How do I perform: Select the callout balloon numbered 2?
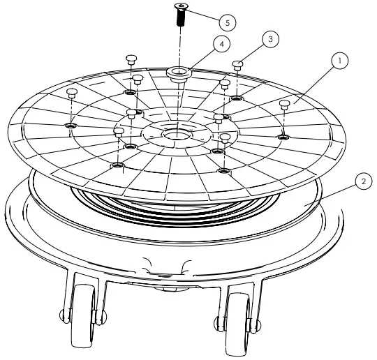pyautogui.click(x=362, y=181)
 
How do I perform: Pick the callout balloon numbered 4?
pyautogui.click(x=221, y=44)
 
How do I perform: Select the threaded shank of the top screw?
pyautogui.click(x=181, y=19)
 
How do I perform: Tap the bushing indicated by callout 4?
pyautogui.click(x=179, y=72)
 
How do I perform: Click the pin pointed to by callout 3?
pyautogui.click(x=238, y=65)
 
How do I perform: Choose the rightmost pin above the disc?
pyautogui.click(x=284, y=104)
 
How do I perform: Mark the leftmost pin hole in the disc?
pyautogui.click(x=70, y=126)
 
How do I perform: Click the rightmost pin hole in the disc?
pyautogui.click(x=283, y=137)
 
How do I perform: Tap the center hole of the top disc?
pyautogui.click(x=172, y=132)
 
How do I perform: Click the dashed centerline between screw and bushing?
pyautogui.click(x=181, y=45)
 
